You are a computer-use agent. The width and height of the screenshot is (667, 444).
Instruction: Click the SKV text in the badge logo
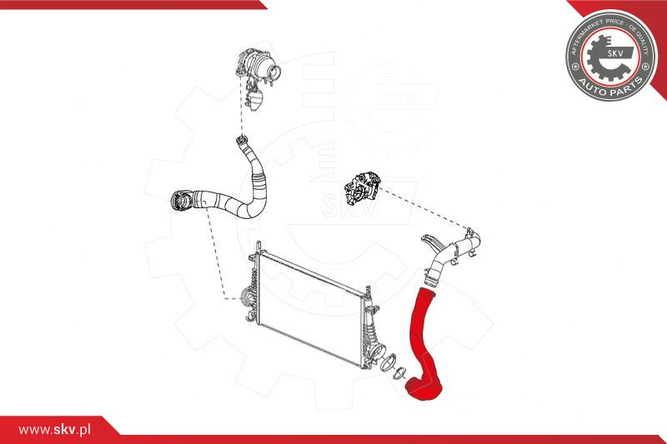pyautogui.click(x=615, y=53)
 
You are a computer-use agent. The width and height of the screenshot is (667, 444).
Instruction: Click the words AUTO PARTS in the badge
pyautogui.click(x=611, y=88)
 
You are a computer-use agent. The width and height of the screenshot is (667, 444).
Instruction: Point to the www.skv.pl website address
pyautogui.click(x=54, y=430)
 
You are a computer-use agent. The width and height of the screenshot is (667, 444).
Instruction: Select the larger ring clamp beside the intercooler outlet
pyautogui.click(x=388, y=362)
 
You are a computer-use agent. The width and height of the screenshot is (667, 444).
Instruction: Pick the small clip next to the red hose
pyautogui.click(x=399, y=374)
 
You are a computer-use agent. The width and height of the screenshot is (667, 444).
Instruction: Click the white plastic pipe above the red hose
pyautogui.click(x=452, y=255)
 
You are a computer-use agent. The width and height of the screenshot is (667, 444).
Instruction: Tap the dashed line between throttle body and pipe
pyautogui.click(x=424, y=207)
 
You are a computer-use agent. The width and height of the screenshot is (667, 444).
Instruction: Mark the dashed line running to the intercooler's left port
pyautogui.click(x=215, y=255)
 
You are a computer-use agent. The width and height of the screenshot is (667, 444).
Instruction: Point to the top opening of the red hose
pyautogui.click(x=428, y=291)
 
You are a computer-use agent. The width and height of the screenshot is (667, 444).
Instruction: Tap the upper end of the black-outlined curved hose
pyautogui.click(x=242, y=139)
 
